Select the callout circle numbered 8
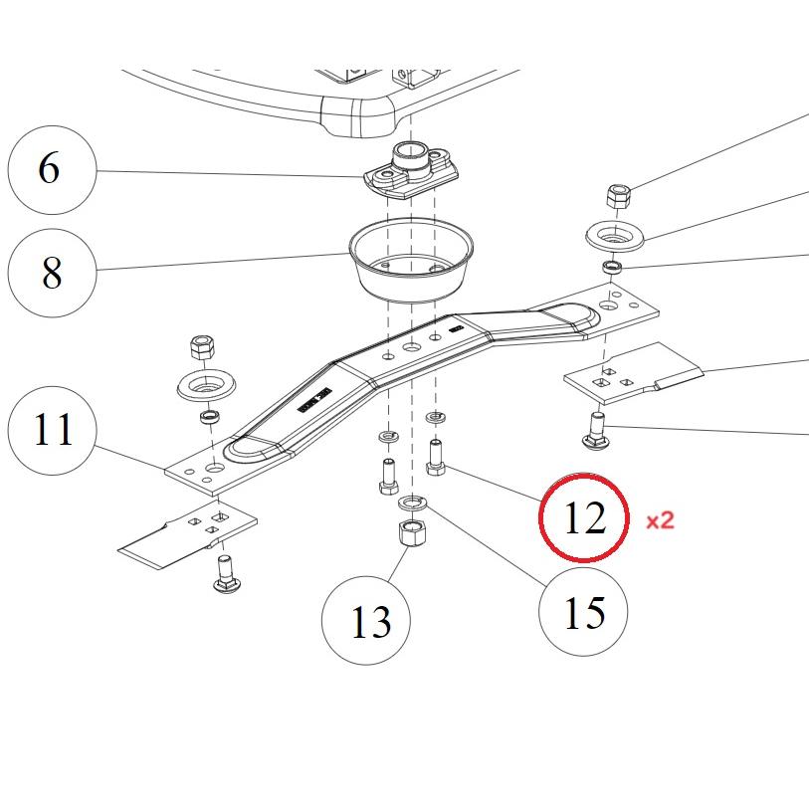52,272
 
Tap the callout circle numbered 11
53,431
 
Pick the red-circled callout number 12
584,517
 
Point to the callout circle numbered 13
369,622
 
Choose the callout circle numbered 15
584,612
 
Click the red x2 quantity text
661,520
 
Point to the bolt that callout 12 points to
435,459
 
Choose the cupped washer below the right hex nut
616,237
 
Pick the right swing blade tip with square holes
633,374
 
